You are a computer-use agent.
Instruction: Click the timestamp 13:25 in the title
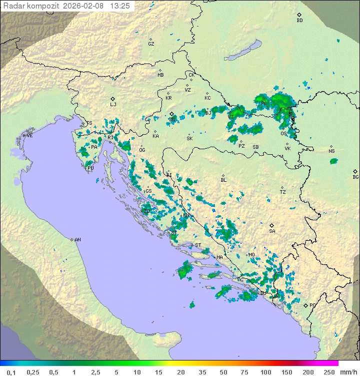[120, 6]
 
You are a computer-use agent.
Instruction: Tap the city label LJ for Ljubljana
[113, 105]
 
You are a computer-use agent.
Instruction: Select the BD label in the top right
[299, 21]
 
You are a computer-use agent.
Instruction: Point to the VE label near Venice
[29, 136]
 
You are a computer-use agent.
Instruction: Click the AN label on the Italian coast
[77, 240]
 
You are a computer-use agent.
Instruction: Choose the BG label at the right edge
[355, 177]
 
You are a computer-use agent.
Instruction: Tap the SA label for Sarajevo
[272, 231]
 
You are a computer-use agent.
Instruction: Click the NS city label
[331, 151]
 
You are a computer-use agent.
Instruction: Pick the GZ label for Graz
[151, 44]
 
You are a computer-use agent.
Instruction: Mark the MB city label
[160, 75]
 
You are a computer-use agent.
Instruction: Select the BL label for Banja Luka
[223, 180]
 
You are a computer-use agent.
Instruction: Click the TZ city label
[282, 192]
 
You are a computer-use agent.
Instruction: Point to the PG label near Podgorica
[312, 305]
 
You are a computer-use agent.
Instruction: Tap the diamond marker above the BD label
[299, 15]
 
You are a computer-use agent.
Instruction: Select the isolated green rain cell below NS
[333, 161]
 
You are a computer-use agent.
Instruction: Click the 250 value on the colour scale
[328, 372]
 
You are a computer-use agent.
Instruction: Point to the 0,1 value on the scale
[11, 372]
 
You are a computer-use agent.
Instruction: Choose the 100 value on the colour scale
[265, 372]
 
